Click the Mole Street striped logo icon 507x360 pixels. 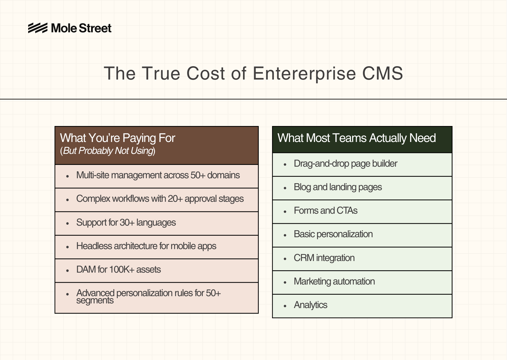point(38,28)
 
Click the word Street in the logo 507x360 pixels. point(95,28)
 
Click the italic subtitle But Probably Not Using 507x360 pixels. point(108,151)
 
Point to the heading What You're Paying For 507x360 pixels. point(117,138)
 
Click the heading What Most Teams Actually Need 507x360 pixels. point(356,138)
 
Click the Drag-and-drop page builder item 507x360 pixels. point(345,164)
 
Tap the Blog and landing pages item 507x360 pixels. point(338,187)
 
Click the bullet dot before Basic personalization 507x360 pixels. point(285,235)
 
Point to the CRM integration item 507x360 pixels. point(324,258)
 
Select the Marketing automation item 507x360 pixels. point(334,281)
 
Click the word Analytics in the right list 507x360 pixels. point(310,305)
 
